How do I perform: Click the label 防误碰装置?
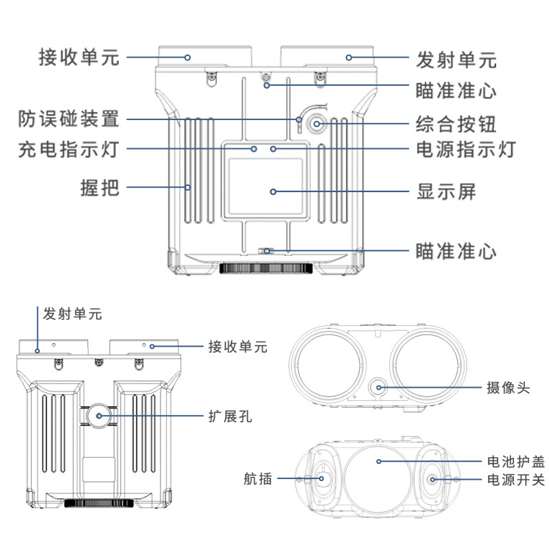click(69, 119)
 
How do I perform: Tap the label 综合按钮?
click(456, 124)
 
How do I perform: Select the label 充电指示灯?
click(69, 149)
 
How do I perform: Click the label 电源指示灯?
click(466, 149)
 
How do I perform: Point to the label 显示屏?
click(446, 191)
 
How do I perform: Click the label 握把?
click(100, 187)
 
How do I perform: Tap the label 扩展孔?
click(230, 417)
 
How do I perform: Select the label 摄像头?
click(508, 388)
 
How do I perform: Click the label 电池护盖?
click(516, 462)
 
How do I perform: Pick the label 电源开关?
click(516, 480)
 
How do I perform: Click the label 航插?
click(258, 478)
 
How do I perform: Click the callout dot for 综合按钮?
click(316, 124)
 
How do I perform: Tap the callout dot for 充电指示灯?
click(254, 149)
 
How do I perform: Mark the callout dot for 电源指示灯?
click(273, 149)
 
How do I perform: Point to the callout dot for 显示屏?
click(273, 191)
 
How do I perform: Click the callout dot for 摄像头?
click(379, 388)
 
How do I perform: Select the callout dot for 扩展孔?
click(99, 416)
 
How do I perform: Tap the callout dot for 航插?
click(321, 478)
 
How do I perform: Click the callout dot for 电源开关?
click(432, 479)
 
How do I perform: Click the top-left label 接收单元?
click(79, 58)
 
